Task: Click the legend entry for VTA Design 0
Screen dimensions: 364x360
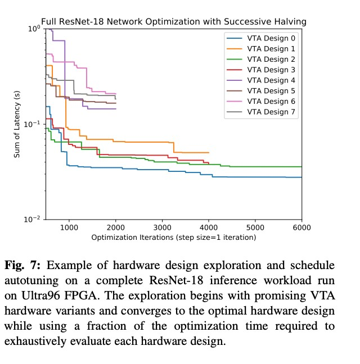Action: pyautogui.click(x=271, y=38)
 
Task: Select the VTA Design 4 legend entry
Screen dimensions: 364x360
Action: pyautogui.click(x=271, y=80)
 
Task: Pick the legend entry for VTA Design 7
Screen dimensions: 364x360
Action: pyautogui.click(x=271, y=112)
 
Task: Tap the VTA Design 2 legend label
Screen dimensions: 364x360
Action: pyautogui.click(x=271, y=60)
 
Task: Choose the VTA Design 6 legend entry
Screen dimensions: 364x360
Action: pyautogui.click(x=271, y=101)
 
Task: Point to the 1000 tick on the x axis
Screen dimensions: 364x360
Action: pyautogui.click(x=69, y=227)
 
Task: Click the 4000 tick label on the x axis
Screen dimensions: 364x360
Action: pyautogui.click(x=209, y=227)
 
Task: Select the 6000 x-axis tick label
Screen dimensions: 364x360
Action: pyautogui.click(x=301, y=227)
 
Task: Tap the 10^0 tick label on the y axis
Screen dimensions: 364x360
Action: pyautogui.click(x=35, y=28)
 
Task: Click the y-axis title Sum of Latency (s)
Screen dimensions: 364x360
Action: pyautogui.click(x=17, y=124)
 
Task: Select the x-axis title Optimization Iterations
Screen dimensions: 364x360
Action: pyautogui.click(x=173, y=237)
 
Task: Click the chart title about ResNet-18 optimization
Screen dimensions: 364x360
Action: pyautogui.click(x=173, y=22)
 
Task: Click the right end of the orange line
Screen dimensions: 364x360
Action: pyautogui.click(x=209, y=152)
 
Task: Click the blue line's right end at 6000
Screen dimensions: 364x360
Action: pyautogui.click(x=301, y=178)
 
